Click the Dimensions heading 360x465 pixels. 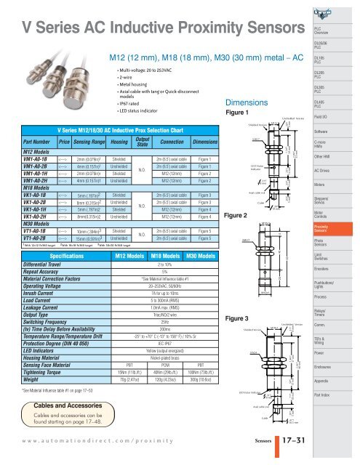pos(248,102)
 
